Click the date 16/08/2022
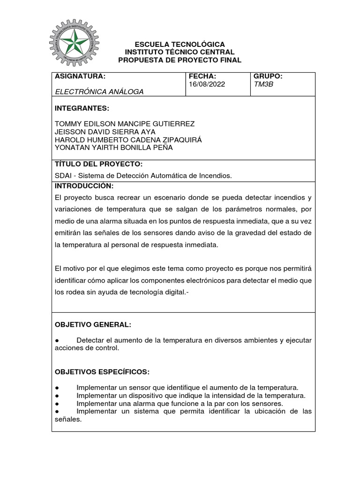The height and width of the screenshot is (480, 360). (207, 85)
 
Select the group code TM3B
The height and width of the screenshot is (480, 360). (262, 85)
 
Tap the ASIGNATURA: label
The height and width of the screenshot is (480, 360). (81, 76)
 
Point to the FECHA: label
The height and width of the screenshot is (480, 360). (202, 76)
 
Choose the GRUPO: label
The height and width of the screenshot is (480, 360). (268, 76)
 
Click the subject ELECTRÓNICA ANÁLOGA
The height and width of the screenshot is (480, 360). (99, 92)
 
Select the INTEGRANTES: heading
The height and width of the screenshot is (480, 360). (82, 108)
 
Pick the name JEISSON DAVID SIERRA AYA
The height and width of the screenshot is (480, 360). (105, 132)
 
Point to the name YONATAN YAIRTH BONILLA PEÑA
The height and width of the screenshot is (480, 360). (114, 148)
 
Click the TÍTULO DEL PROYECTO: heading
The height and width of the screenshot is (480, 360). (98, 165)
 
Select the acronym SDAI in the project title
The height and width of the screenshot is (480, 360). (64, 176)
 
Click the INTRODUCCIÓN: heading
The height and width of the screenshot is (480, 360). (84, 186)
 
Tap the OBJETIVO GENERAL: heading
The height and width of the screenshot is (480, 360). (93, 325)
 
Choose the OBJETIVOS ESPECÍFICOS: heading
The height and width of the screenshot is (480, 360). (102, 372)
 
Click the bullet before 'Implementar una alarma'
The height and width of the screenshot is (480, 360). (57, 404)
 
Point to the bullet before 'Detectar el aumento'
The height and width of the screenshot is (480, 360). (57, 340)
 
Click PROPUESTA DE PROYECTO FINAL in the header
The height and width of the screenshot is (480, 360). (180, 60)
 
